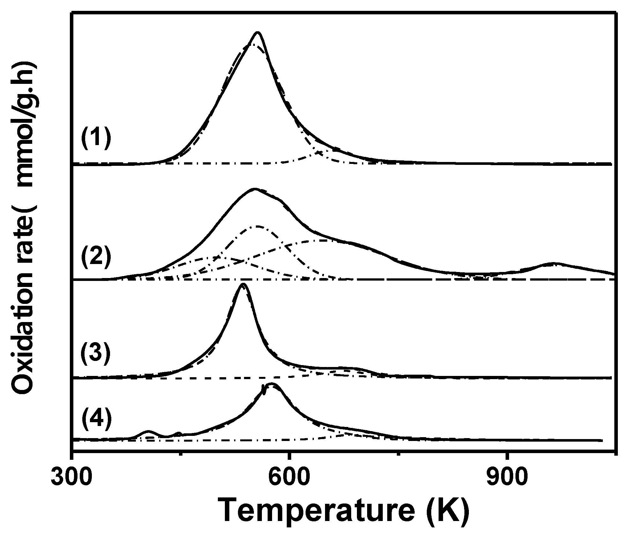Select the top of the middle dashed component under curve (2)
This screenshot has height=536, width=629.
[257, 226]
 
